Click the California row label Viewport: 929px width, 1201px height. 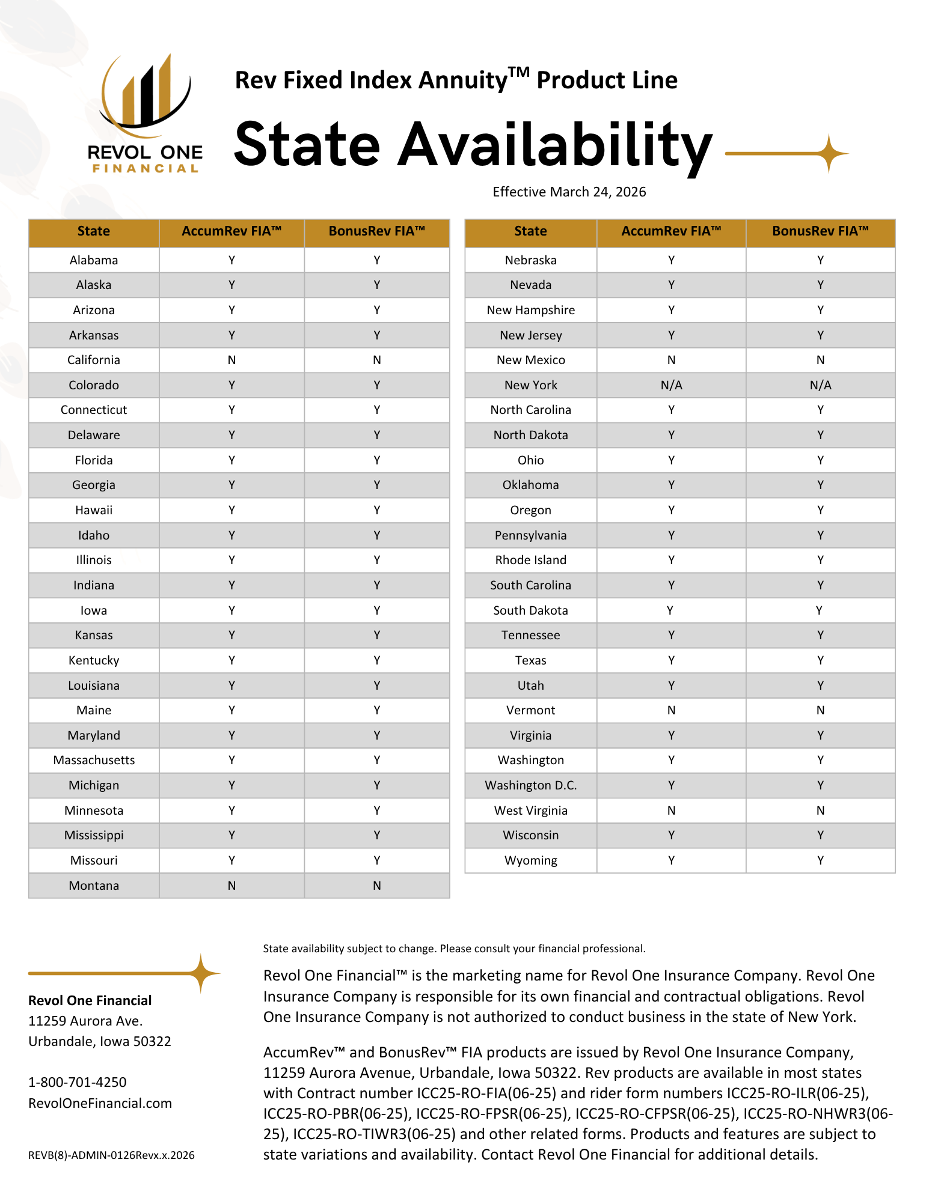(94, 360)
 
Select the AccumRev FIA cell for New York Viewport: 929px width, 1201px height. (671, 385)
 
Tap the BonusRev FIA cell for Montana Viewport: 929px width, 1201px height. (377, 886)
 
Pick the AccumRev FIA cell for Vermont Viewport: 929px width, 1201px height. (671, 710)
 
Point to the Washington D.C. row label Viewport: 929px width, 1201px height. (530, 785)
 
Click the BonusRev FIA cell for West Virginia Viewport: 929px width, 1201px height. (820, 810)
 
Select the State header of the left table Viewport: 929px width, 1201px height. (94, 231)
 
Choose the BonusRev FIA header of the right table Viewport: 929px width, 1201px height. (820, 231)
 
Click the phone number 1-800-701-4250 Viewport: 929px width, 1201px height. (78, 1082)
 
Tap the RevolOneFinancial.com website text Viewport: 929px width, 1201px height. (100, 1103)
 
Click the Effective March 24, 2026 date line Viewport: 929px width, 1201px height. (569, 192)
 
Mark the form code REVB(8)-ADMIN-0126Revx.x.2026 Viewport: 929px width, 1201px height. (111, 1155)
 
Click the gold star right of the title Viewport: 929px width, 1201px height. (829, 154)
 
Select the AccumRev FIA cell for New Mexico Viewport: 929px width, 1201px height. (671, 360)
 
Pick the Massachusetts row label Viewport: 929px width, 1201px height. (94, 760)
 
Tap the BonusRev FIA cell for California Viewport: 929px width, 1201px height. (377, 360)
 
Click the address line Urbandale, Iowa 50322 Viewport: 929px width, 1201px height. (100, 1041)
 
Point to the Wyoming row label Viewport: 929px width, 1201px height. (530, 860)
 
